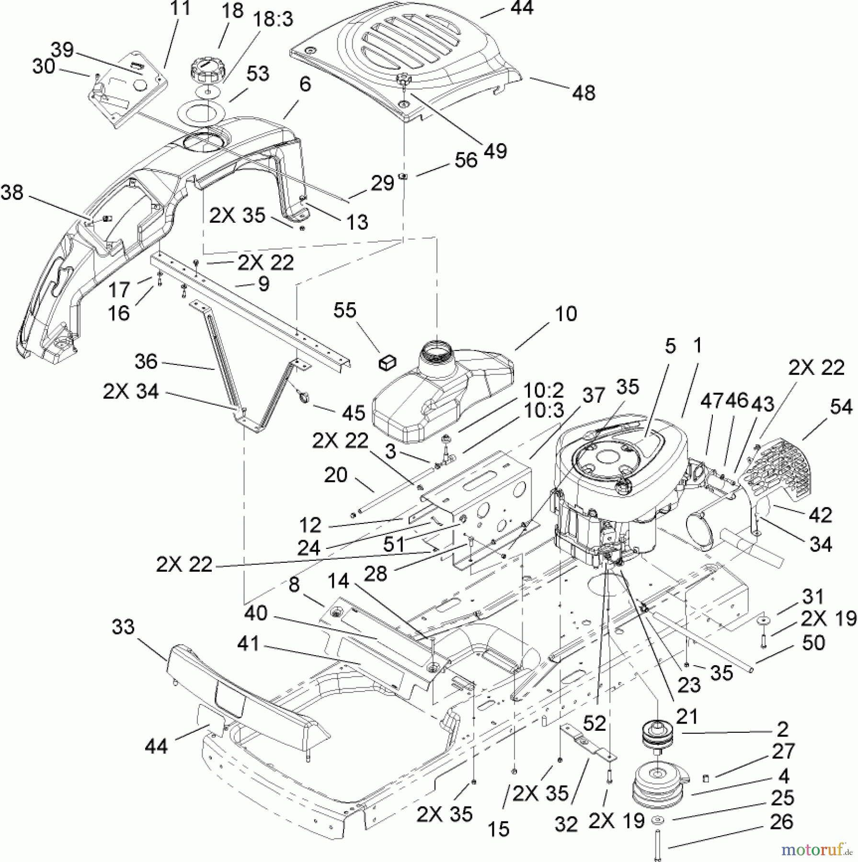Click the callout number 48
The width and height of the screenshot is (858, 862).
pos(583,92)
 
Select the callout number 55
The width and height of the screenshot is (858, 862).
pos(345,310)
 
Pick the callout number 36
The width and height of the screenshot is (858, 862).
pos(146,362)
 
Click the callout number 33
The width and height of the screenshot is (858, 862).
pos(123,627)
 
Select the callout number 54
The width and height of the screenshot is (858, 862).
pos(841,407)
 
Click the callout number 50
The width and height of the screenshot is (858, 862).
pos(813,643)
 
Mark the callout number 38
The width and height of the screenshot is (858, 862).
pos(12,193)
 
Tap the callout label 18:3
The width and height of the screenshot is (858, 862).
pos(274,20)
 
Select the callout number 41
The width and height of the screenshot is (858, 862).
pos(248,644)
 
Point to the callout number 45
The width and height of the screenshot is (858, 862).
pos(354,413)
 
